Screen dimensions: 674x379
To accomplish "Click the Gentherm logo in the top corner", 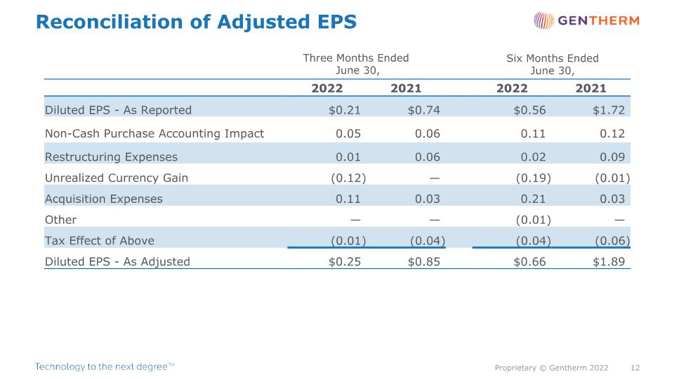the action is [x=586, y=20].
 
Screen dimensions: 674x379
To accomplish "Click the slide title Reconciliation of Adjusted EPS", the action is [x=196, y=22].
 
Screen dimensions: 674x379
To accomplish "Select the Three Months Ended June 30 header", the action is [x=356, y=64].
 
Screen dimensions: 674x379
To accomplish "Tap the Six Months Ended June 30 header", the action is [x=553, y=64].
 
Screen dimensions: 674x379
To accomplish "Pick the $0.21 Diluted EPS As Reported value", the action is [x=345, y=110].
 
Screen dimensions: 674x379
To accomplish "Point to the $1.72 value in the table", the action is [x=609, y=110].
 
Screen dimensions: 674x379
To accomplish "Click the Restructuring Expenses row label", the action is [x=111, y=157].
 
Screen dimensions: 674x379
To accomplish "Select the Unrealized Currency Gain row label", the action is [x=117, y=178].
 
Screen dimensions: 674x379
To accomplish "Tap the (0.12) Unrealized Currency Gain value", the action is [x=348, y=178].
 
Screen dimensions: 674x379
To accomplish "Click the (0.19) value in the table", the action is [x=533, y=178].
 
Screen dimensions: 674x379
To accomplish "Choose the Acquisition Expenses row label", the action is [x=104, y=199].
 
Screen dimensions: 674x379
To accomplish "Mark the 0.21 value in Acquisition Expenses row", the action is [x=533, y=199].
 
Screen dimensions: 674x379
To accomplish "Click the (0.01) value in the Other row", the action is [x=533, y=220].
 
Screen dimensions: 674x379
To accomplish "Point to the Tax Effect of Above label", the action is [x=99, y=241].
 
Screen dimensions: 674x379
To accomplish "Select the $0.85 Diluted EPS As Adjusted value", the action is [x=424, y=262].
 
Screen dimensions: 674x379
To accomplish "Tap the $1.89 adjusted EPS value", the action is [x=609, y=262].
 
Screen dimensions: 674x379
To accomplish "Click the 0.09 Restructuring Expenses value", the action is [x=612, y=157].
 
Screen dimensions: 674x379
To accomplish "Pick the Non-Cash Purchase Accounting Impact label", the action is [x=154, y=133].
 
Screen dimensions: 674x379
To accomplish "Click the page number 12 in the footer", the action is [x=635, y=368].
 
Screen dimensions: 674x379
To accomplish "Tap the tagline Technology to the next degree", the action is [x=105, y=366].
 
